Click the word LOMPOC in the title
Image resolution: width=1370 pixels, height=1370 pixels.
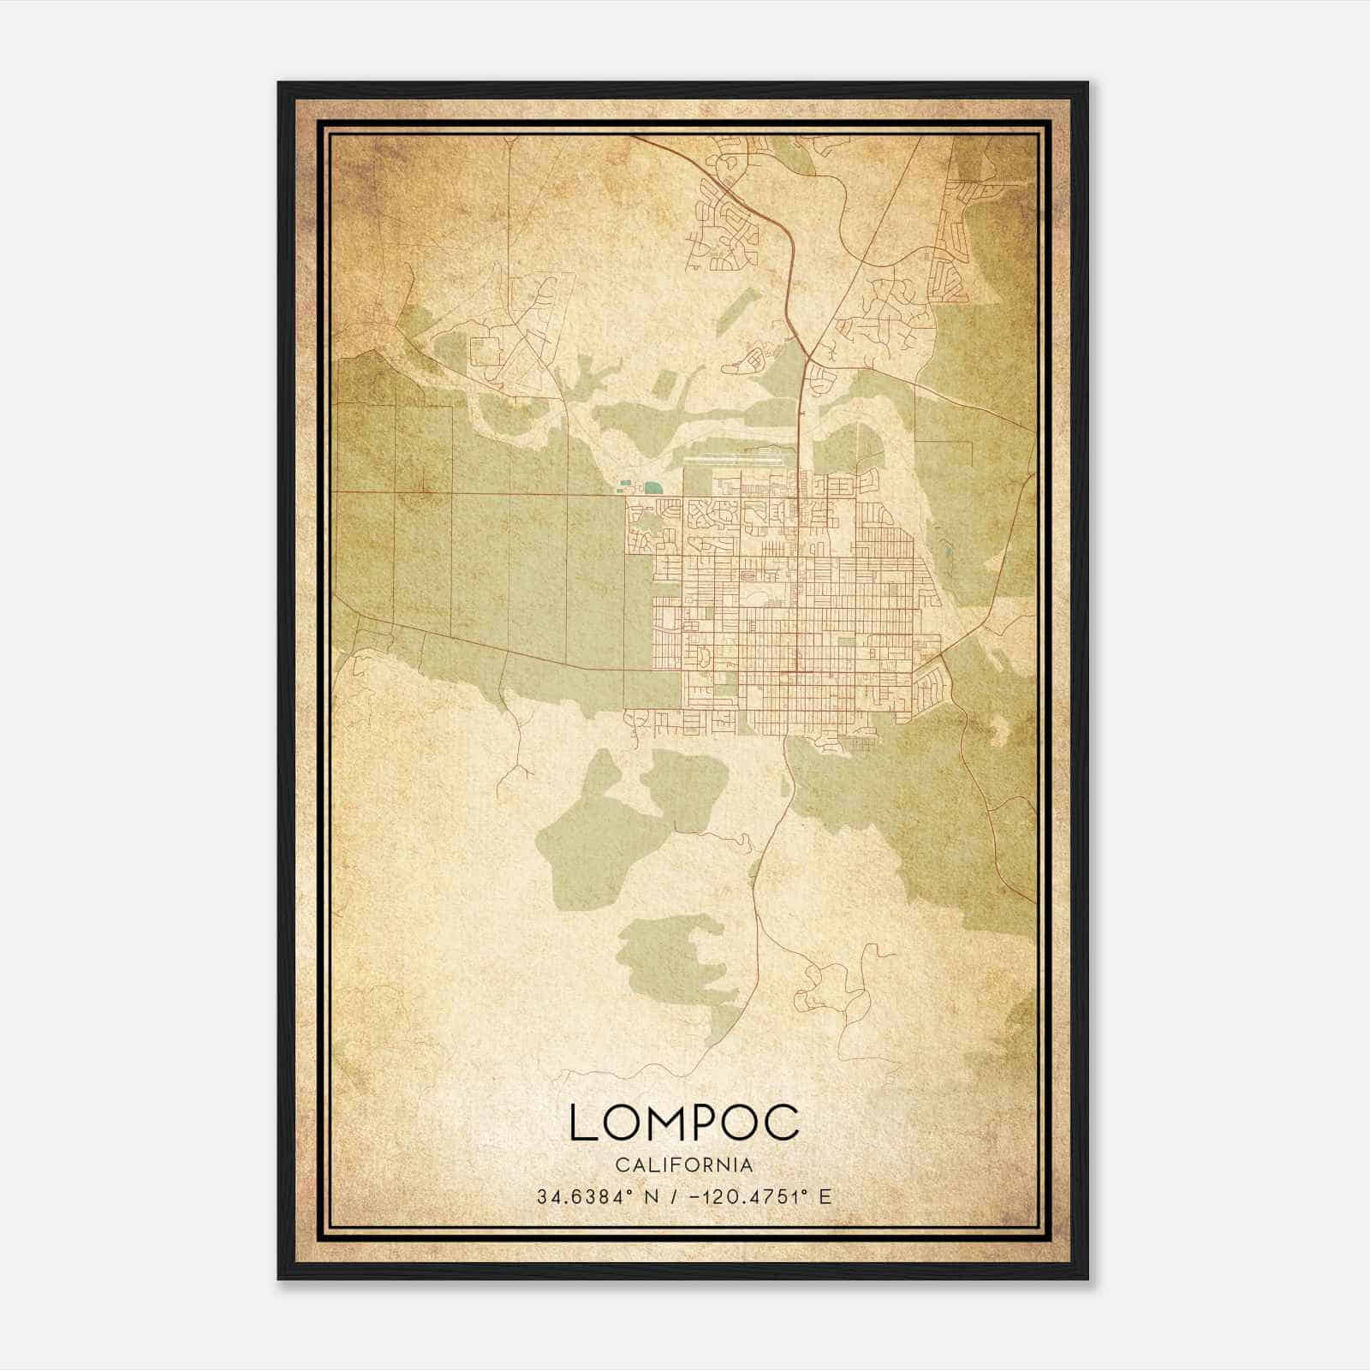(x=684, y=1123)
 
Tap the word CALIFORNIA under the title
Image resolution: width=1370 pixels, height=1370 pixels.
(x=684, y=1165)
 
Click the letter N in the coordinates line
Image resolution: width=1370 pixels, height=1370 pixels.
(x=651, y=1196)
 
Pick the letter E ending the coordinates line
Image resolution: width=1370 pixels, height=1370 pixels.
(x=825, y=1196)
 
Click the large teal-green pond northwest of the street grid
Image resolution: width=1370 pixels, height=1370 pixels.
(x=653, y=487)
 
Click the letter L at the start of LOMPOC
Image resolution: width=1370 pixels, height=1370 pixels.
(x=582, y=1123)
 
